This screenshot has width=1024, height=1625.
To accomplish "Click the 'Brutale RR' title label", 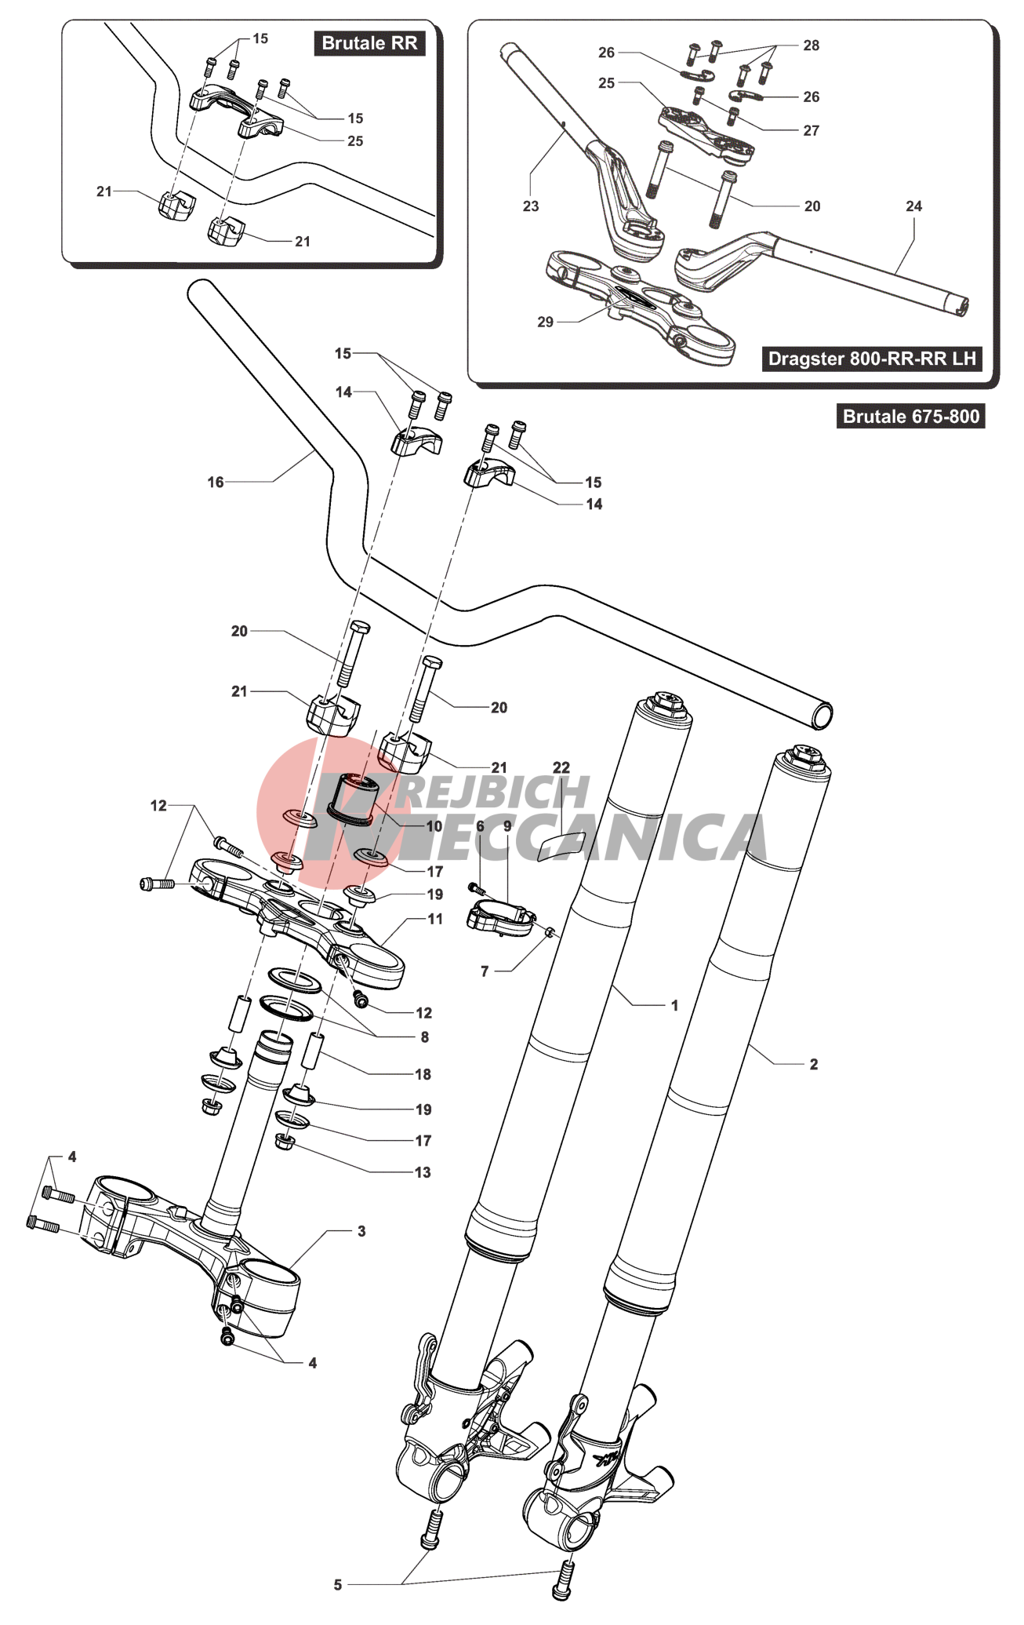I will point(369,43).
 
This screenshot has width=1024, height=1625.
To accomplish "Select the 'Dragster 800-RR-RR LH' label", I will point(872,359).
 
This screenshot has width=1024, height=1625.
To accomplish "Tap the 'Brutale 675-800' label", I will point(910,416).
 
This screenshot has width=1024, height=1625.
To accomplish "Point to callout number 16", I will point(216,482).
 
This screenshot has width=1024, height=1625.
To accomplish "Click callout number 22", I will point(561,767).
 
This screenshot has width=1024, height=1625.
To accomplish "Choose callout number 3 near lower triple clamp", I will point(361,1231).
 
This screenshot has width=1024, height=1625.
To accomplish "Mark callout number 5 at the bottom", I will point(338,1584).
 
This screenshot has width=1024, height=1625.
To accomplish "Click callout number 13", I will point(423,1172).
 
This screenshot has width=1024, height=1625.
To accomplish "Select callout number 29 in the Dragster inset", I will point(546,322).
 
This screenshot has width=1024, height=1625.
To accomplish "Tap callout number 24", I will point(914,206).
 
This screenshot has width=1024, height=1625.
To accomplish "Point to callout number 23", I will point(531,206).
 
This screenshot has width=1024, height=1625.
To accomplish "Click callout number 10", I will point(434,826).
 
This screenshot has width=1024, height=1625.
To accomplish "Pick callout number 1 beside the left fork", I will point(674,1005).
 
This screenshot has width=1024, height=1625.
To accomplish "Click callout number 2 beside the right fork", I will point(814,1064).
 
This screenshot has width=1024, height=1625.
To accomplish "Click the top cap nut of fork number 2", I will point(806,756).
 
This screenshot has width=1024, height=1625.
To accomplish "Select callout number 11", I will point(435,919).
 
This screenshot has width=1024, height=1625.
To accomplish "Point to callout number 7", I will point(485,971).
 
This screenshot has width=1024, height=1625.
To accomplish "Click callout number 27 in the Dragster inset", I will point(812,131).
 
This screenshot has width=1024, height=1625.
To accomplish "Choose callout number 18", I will point(423,1074).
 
